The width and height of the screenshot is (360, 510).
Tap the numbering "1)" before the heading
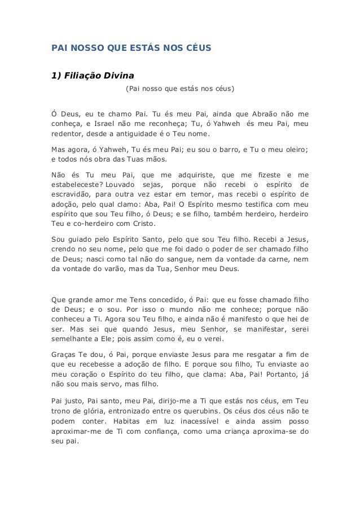(x=56, y=76)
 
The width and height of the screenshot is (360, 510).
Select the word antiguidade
(x=151, y=134)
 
